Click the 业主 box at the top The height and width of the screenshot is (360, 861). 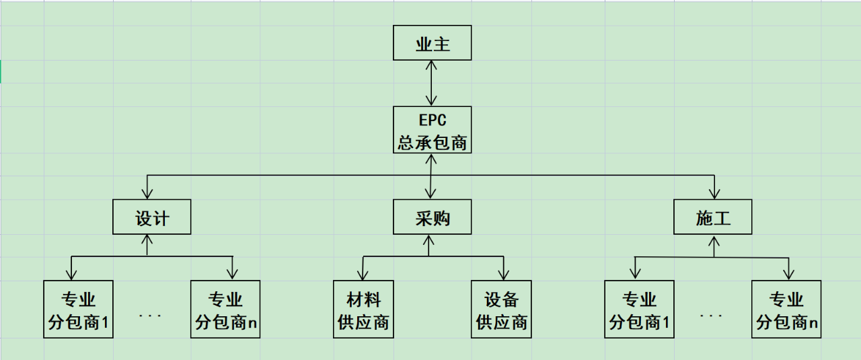click(433, 43)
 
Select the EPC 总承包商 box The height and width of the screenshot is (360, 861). click(433, 129)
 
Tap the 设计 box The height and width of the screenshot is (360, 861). click(152, 217)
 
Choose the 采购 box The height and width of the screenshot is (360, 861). click(433, 217)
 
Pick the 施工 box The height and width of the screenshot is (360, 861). click(713, 217)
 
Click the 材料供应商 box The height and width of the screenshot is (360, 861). click(363, 309)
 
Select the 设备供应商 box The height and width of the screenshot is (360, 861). click(502, 309)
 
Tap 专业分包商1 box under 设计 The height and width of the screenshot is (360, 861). click(78, 309)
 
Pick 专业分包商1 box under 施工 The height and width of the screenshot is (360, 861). click(640, 309)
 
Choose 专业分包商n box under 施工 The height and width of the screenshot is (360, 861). click(786, 309)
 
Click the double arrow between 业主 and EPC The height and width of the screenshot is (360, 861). click(433, 83)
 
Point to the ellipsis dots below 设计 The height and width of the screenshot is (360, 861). click(150, 314)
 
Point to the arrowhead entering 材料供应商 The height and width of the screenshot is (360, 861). click(363, 275)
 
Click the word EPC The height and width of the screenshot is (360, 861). click(433, 120)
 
